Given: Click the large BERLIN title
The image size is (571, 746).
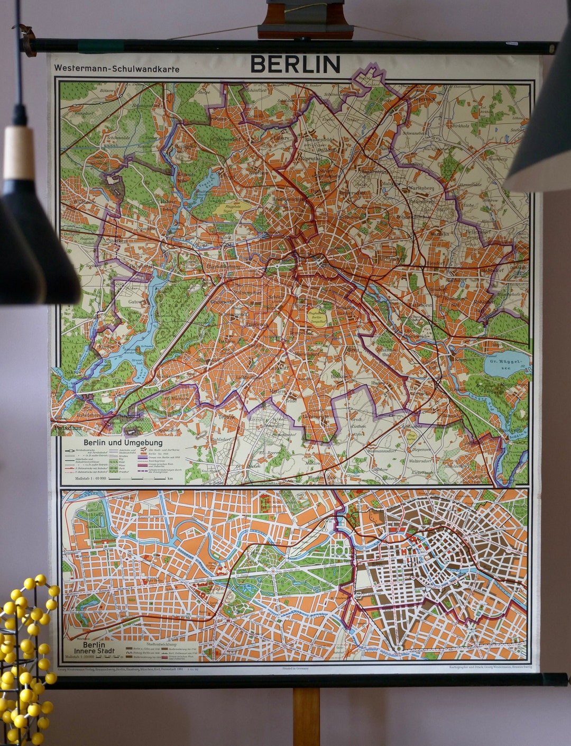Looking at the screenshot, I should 295,65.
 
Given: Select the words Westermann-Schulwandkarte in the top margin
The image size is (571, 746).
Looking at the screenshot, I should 116,69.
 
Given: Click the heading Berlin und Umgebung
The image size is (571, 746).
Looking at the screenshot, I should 123,442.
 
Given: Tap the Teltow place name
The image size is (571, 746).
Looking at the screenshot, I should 227,416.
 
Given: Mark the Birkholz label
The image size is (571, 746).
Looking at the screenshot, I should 460,126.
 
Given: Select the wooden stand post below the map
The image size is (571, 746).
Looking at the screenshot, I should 306,716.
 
